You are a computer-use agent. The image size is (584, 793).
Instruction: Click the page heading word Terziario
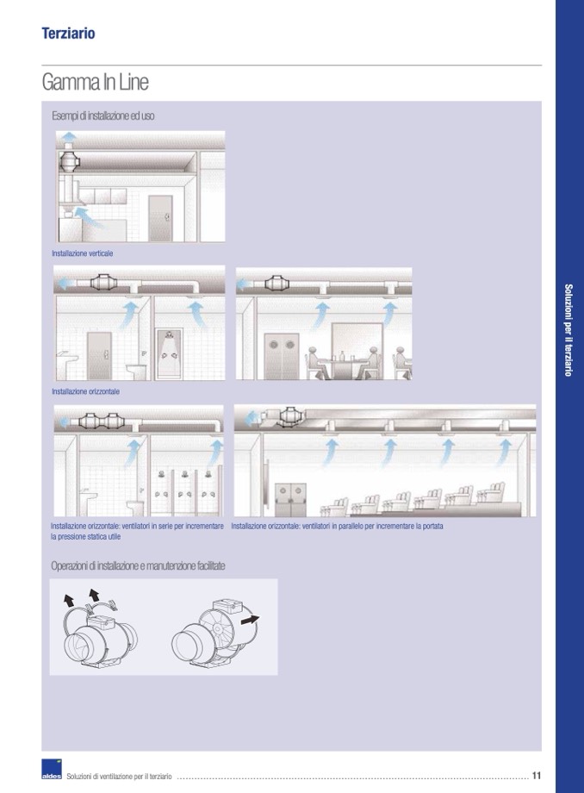[68, 34]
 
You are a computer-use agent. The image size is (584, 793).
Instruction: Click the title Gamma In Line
[95, 83]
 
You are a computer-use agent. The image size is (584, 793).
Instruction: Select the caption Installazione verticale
[83, 253]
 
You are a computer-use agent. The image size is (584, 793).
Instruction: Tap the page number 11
[537, 775]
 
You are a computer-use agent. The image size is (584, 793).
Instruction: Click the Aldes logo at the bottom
[52, 773]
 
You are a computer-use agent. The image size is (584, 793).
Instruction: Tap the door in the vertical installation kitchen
[159, 217]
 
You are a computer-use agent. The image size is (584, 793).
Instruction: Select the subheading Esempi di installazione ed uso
[103, 116]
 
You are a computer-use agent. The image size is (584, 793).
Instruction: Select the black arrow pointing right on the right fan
[251, 619]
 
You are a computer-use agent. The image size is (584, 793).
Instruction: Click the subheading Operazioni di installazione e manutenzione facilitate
[139, 565]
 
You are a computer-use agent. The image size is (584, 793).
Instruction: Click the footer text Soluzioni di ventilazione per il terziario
[120, 777]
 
